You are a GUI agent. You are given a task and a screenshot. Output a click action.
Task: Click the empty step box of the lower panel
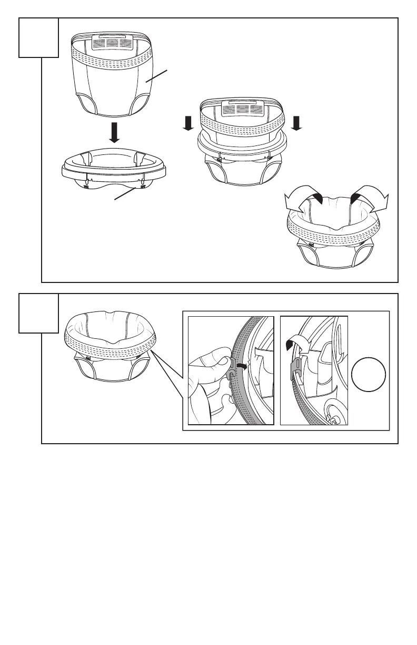[38, 313]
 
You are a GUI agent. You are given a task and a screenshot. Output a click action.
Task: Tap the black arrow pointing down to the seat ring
[114, 133]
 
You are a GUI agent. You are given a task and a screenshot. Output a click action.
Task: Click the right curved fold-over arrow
[370, 198]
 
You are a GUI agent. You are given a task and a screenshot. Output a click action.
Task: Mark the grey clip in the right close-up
[297, 368]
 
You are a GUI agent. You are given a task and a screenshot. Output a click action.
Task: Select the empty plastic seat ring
[113, 165]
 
